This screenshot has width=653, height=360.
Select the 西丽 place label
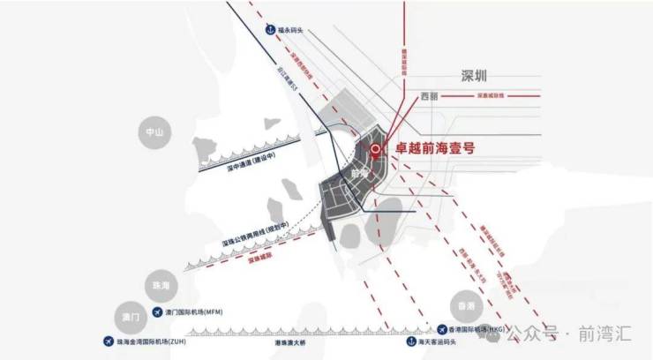click(x=430, y=95)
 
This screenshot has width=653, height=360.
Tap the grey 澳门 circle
click(x=129, y=315)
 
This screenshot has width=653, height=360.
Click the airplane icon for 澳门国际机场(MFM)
click(x=158, y=312)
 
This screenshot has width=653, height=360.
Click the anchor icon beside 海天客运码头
click(x=410, y=340)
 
